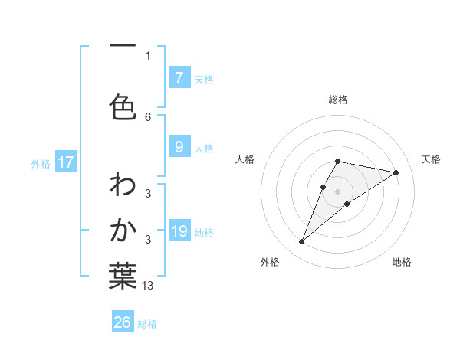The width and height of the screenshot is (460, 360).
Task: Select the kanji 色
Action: pos(123,106)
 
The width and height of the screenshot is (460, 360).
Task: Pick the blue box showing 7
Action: pos(179,78)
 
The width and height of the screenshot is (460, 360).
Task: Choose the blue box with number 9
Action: pos(179,147)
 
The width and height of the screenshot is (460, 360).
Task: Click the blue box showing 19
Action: pos(179,231)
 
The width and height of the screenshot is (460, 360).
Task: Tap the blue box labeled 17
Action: pos(66,162)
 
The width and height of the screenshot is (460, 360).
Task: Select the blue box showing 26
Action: pos(123,322)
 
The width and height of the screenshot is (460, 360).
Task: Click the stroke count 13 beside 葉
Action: pos(148,286)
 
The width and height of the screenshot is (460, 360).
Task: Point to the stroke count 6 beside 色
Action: pos(148,116)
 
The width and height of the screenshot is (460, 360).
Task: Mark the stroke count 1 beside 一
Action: pos(148,55)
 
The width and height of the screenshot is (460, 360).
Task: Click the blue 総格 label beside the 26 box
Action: pos(147,324)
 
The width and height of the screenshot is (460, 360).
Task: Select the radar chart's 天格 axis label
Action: pos(432,159)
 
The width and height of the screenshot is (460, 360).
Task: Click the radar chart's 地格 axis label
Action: pos(402,262)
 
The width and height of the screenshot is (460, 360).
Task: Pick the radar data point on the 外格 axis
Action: pos(301,242)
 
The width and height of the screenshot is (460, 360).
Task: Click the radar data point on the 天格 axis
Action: pos(396,172)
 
